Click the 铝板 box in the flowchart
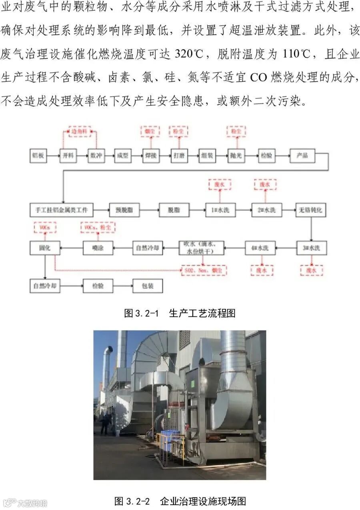click(38, 155)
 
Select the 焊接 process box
click(150, 155)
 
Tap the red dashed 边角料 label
click(79, 132)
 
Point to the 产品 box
click(302, 155)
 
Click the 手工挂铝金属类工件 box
click(62, 210)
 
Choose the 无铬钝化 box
click(311, 210)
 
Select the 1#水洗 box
click(220, 210)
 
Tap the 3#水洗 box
click(311, 248)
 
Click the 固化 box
click(44, 248)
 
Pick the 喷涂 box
click(98, 248)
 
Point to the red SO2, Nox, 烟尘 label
click(204, 270)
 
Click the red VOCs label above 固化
click(44, 227)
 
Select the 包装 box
click(148, 286)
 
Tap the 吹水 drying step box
click(201, 248)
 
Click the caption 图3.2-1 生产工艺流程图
click(180, 313)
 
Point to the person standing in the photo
click(105, 423)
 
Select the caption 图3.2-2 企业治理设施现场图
click(180, 501)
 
